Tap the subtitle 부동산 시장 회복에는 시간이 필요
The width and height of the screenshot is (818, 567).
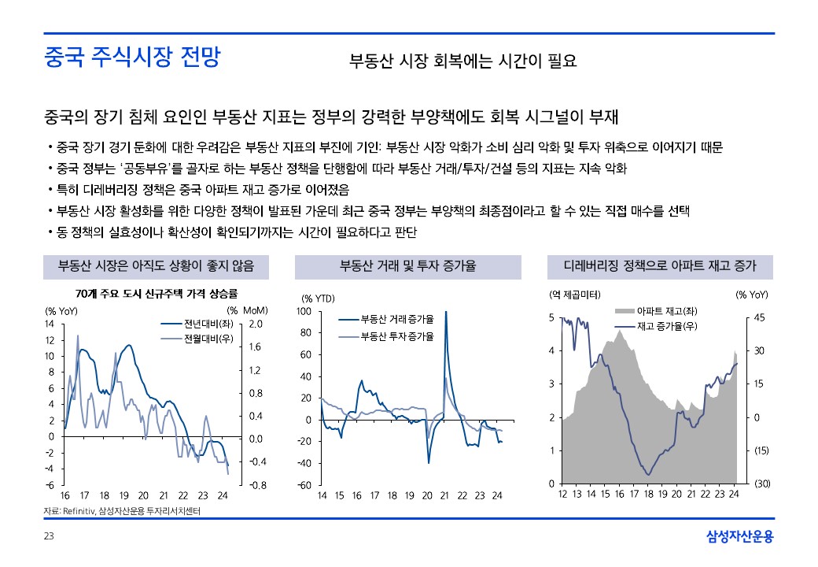(463, 61)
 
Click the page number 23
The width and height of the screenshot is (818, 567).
(48, 537)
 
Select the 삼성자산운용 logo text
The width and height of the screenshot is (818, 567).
(739, 537)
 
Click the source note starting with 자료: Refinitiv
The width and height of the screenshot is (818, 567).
(122, 512)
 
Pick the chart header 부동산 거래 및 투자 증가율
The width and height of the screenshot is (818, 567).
(407, 266)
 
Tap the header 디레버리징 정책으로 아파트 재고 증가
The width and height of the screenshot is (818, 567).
(659, 266)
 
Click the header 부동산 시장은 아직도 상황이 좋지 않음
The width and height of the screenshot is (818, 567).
(157, 266)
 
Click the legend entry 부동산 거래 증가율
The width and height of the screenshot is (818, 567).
(396, 320)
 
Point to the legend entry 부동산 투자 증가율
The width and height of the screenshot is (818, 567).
(396, 336)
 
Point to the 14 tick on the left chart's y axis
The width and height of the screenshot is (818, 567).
(49, 324)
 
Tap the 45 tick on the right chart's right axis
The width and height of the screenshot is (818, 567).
(760, 318)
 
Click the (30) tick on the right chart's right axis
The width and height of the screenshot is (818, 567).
(761, 484)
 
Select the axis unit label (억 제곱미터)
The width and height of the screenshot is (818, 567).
(574, 295)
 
